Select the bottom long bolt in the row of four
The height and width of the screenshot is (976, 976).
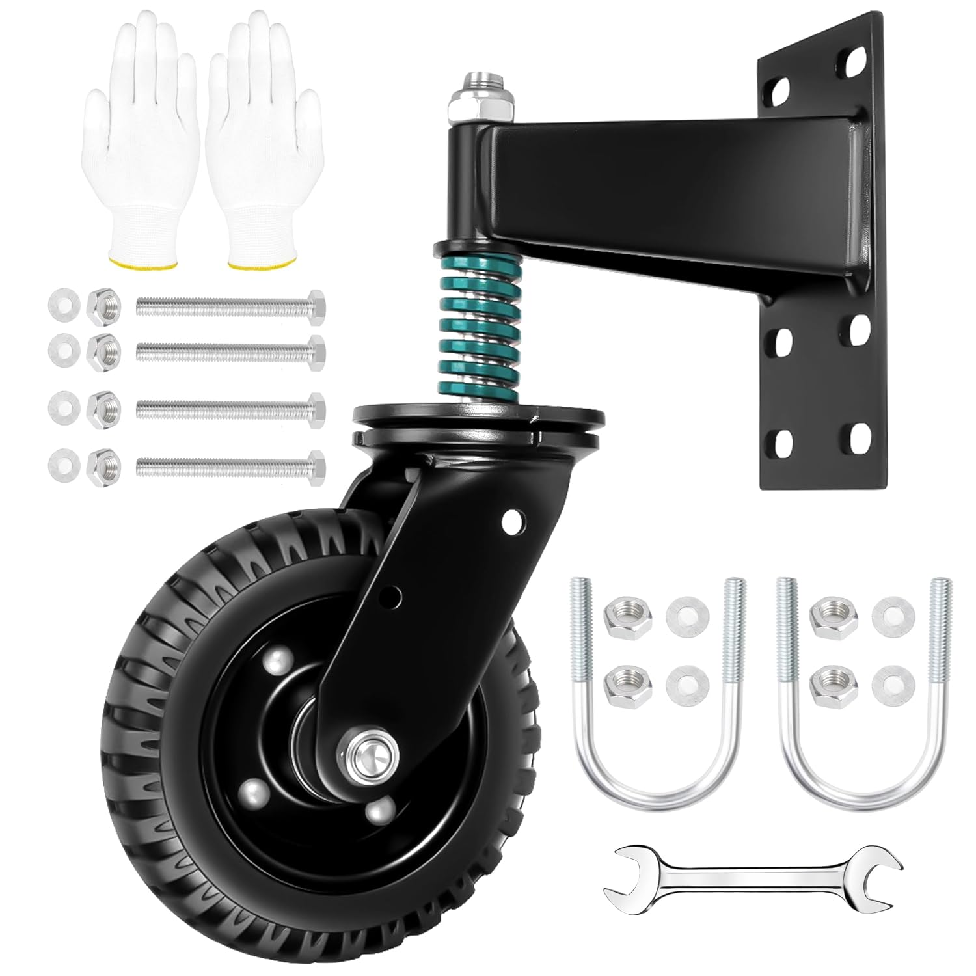pos(231,463)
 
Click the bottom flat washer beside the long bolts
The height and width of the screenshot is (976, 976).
pos(61,463)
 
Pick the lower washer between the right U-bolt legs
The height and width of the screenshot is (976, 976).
pos(888,681)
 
